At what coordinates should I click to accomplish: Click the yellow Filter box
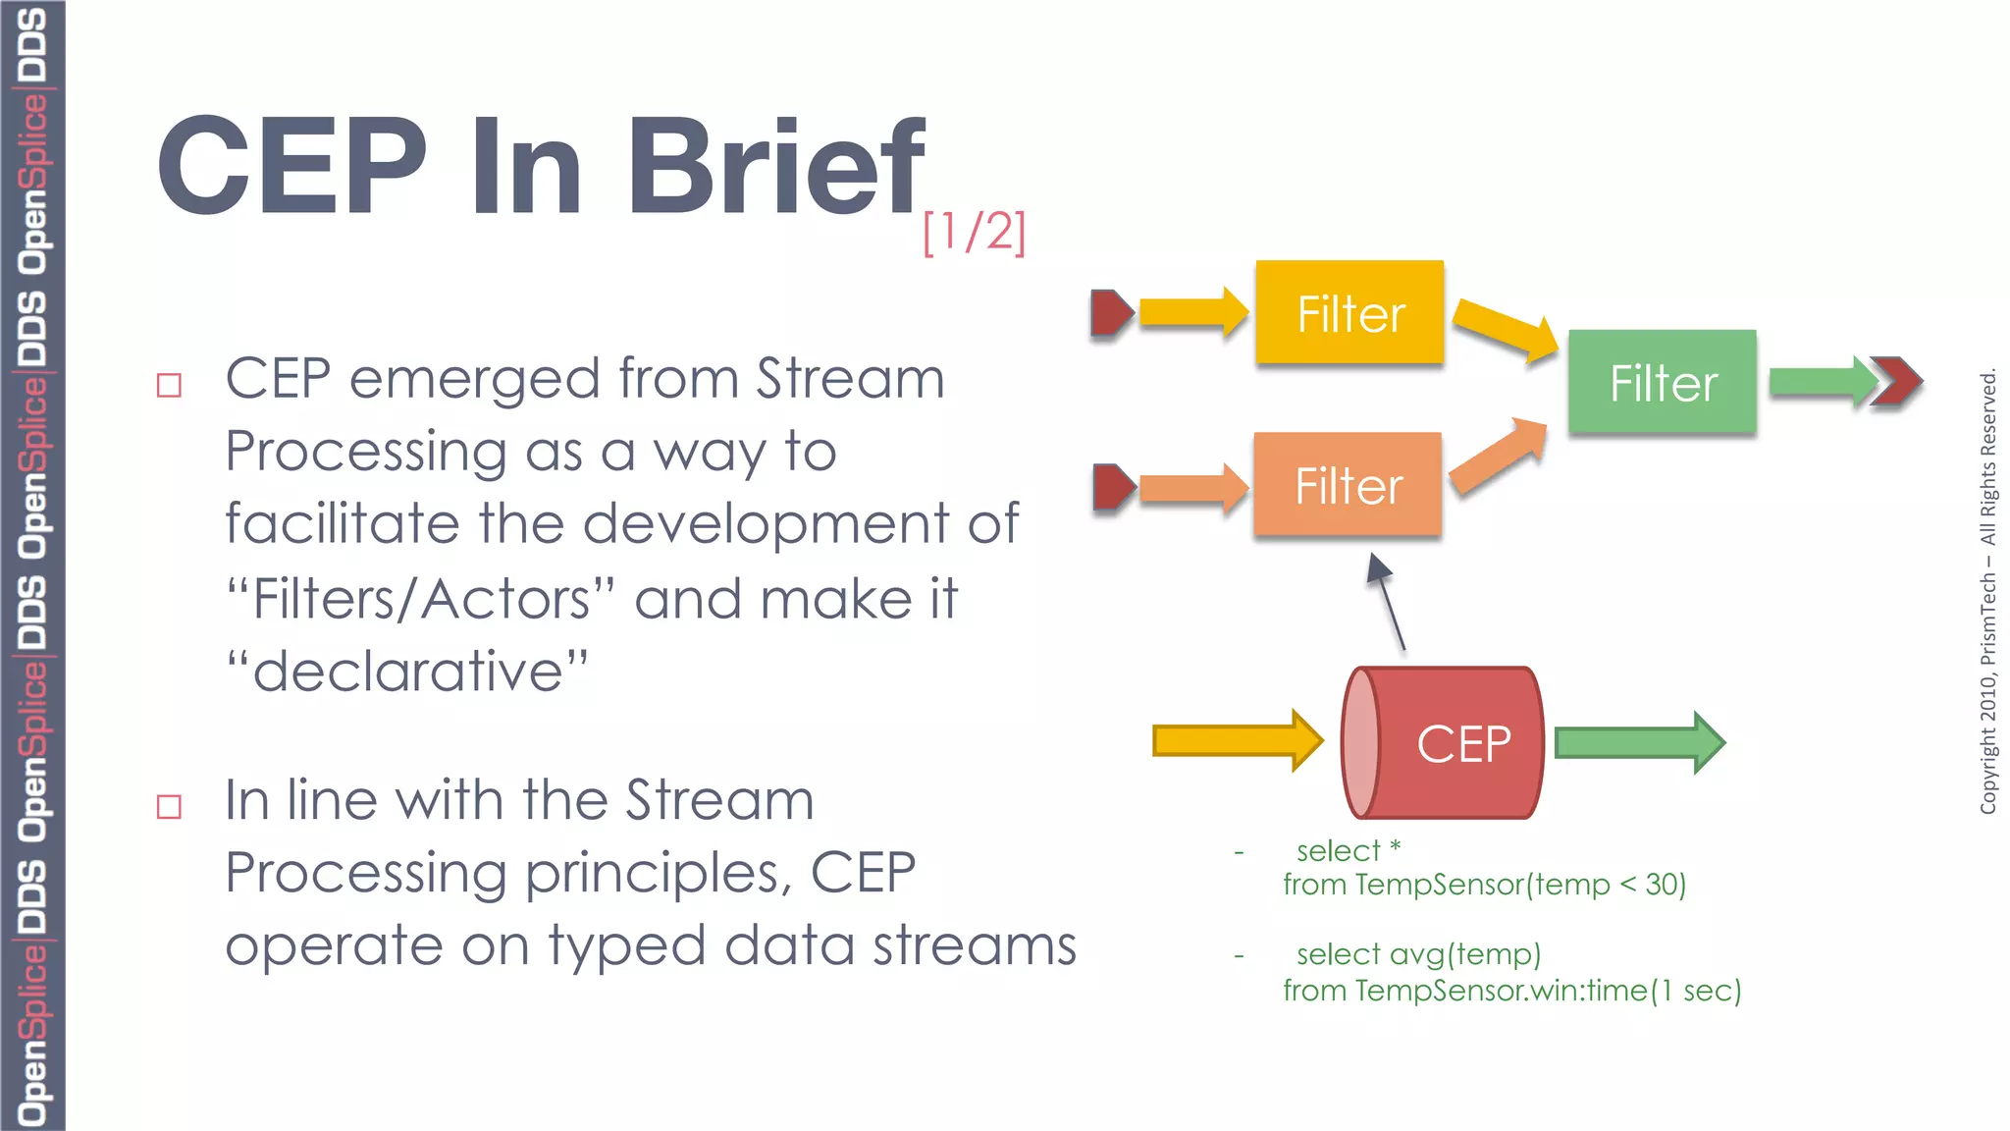click(x=1349, y=313)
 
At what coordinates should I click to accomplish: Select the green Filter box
click(x=1663, y=382)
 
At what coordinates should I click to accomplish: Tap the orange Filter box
click(x=1348, y=485)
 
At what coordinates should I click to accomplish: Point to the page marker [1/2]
click(x=974, y=233)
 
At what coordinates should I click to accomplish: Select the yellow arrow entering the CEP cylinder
click(x=1237, y=740)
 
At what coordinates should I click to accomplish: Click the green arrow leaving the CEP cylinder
click(x=1639, y=742)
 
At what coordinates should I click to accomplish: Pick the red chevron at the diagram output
click(x=1896, y=381)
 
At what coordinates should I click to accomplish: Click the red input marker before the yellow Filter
click(x=1111, y=313)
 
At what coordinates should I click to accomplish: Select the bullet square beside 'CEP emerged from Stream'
click(x=170, y=385)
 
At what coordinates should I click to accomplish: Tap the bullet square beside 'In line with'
click(x=170, y=807)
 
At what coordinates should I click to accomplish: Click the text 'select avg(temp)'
click(x=1418, y=954)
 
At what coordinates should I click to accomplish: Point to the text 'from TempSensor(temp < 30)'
click(x=1484, y=885)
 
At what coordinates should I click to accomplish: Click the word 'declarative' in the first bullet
click(x=407, y=672)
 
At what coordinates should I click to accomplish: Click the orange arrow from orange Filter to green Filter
click(x=1500, y=458)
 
